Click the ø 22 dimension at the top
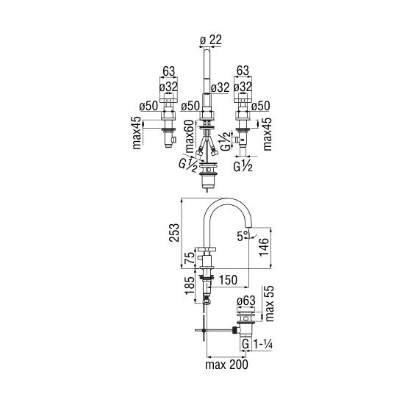211,40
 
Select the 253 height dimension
174,232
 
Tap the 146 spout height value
264,247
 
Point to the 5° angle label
242,236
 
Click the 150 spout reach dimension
228,280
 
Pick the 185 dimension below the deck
190,285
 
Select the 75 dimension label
190,258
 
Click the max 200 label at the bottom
226,365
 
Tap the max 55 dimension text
270,304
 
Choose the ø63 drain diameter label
246,301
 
